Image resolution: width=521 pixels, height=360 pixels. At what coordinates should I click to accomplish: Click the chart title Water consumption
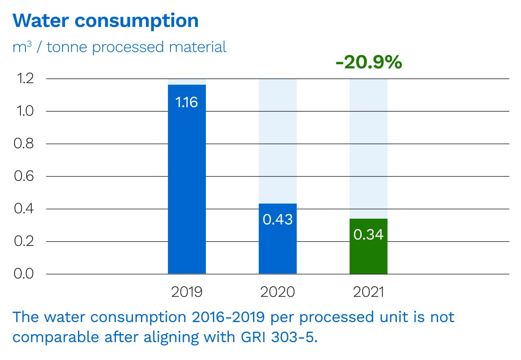106,21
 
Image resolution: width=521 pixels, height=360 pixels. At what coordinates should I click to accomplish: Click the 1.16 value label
187,102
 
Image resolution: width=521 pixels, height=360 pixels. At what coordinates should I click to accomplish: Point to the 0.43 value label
278,220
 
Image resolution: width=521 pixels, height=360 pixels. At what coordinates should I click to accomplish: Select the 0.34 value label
368,235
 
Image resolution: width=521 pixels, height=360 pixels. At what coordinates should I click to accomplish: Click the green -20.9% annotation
368,63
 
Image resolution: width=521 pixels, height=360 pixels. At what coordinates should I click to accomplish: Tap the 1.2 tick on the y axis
24,79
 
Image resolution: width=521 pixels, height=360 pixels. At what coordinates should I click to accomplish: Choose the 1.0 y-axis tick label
24,111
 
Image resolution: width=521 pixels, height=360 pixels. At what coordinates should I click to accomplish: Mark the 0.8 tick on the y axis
24,144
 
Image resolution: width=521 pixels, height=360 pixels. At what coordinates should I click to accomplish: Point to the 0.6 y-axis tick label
24,176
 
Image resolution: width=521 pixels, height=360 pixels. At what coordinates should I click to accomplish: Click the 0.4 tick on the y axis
24,209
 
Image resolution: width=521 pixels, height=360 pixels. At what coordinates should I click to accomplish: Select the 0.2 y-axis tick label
24,241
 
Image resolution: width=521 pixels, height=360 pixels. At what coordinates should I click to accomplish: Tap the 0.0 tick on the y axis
24,274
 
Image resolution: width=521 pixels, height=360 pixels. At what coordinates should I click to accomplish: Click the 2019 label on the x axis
187,292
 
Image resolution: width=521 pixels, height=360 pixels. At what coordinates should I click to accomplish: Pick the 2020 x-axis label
278,292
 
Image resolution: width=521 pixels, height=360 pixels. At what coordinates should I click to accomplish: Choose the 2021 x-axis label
368,292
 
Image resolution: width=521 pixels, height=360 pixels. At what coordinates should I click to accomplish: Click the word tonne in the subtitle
68,47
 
